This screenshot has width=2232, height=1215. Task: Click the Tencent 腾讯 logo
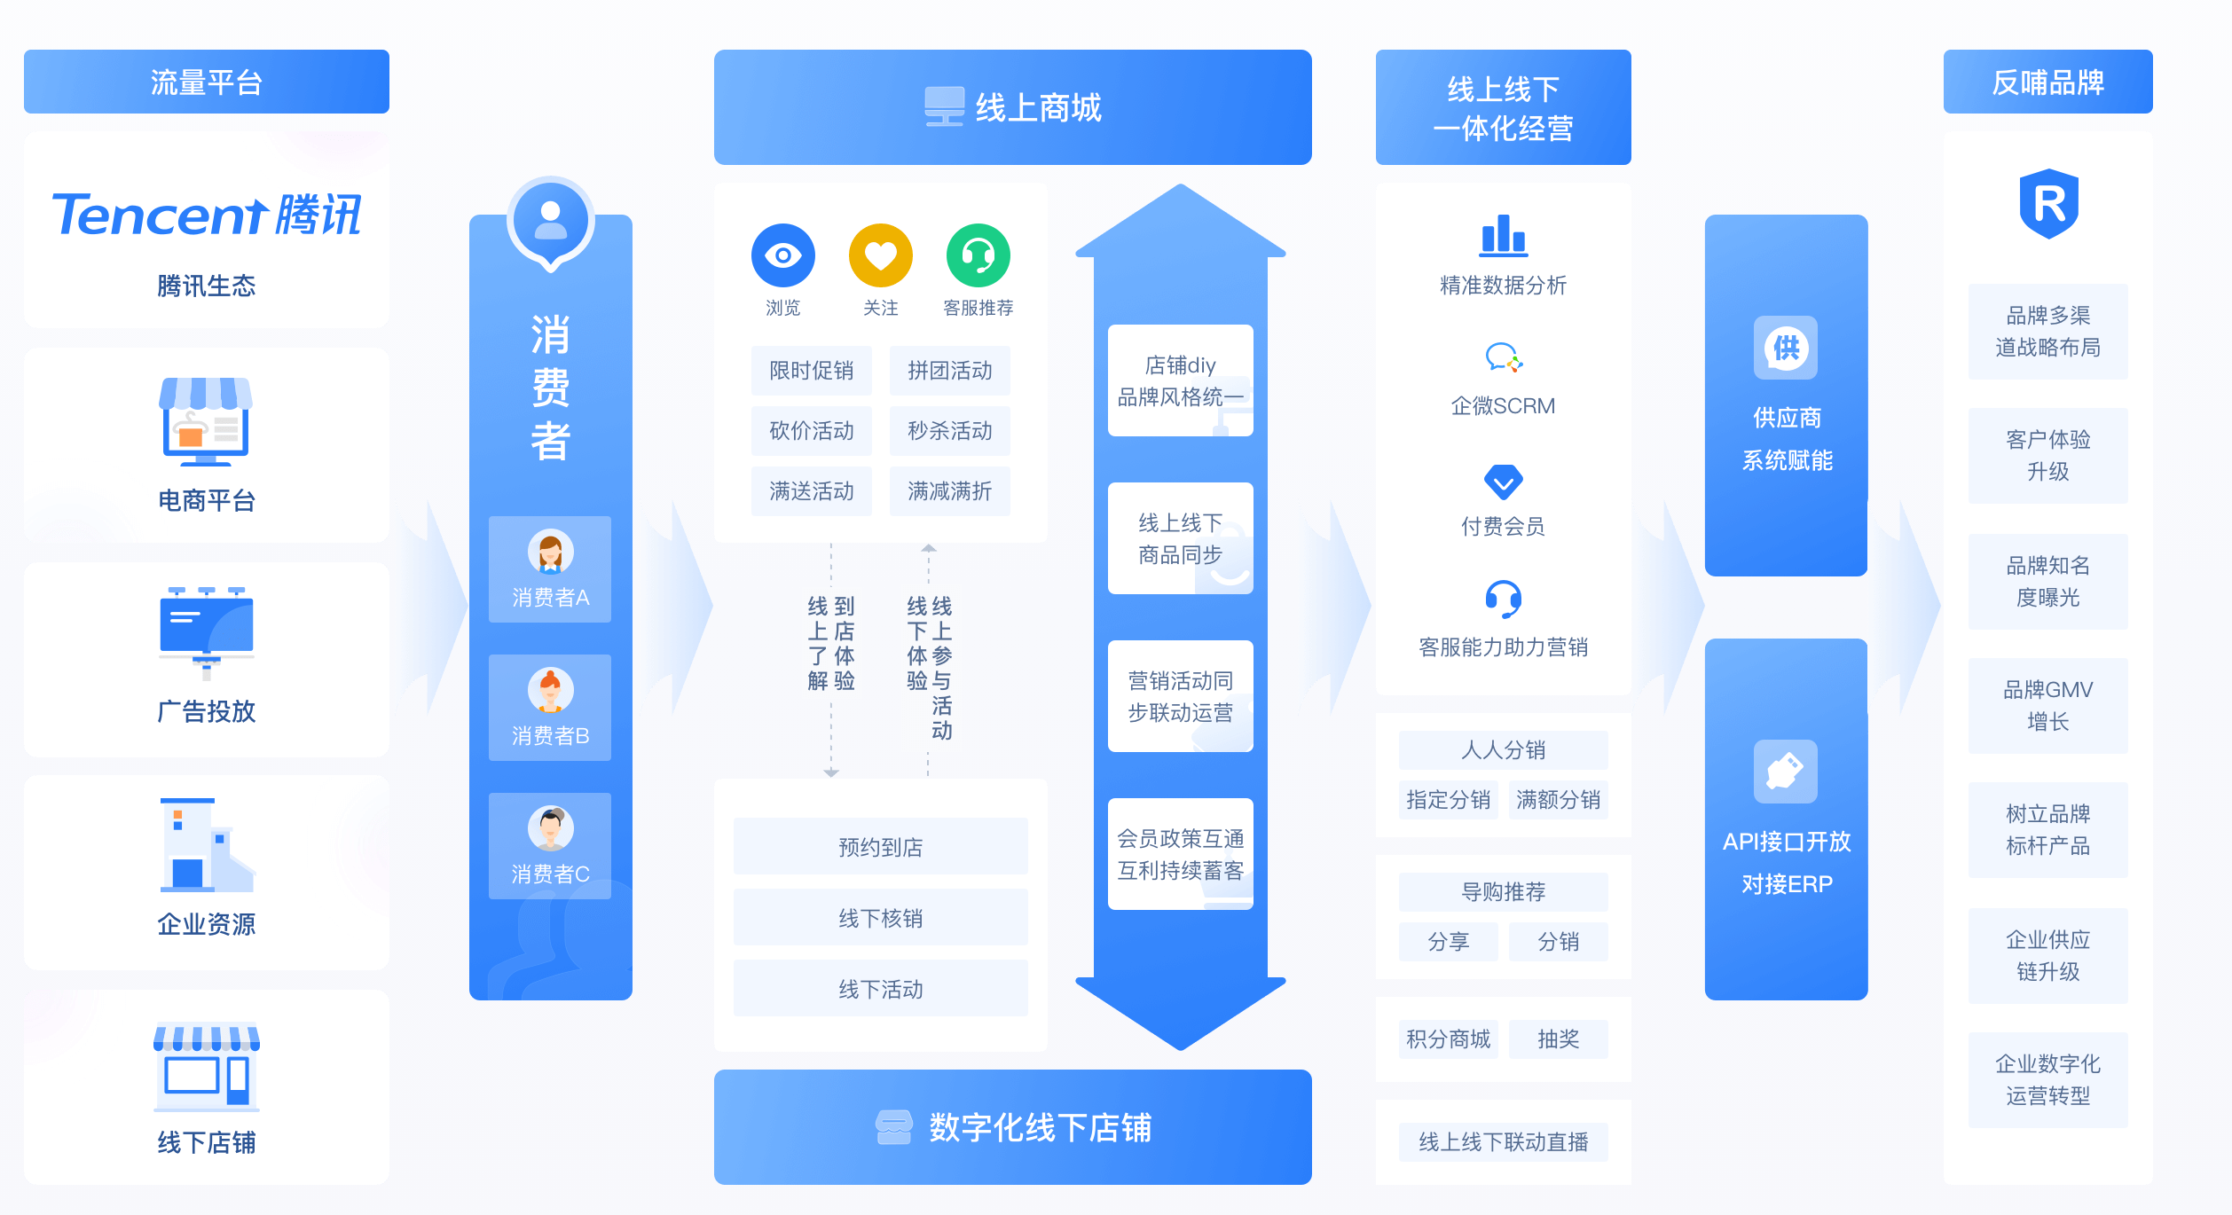tap(207, 215)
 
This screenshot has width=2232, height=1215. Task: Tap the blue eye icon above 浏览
tap(782, 255)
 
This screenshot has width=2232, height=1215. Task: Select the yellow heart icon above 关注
tap(880, 255)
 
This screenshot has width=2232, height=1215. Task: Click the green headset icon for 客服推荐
tap(978, 255)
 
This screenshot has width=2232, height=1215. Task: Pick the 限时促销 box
tap(811, 371)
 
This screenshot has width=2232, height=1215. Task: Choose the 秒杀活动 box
tap(949, 431)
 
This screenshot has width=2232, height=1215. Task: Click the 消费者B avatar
tap(550, 691)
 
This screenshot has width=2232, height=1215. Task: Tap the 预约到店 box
tap(880, 847)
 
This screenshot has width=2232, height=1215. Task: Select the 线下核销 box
tap(880, 918)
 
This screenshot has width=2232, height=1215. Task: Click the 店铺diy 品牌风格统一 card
tap(1180, 380)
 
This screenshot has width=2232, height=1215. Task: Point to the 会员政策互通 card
tap(1180, 854)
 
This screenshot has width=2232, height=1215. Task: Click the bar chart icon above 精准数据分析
tap(1503, 235)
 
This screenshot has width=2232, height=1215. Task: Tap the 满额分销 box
tap(1558, 800)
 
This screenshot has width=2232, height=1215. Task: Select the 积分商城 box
tap(1448, 1039)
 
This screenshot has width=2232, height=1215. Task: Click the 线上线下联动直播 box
tap(1503, 1142)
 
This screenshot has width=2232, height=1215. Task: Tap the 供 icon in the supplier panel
tap(1786, 348)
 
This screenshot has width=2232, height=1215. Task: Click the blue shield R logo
tap(2048, 204)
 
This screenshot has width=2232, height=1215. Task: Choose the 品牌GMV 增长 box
tap(2047, 706)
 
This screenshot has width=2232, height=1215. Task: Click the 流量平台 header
tap(207, 82)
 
